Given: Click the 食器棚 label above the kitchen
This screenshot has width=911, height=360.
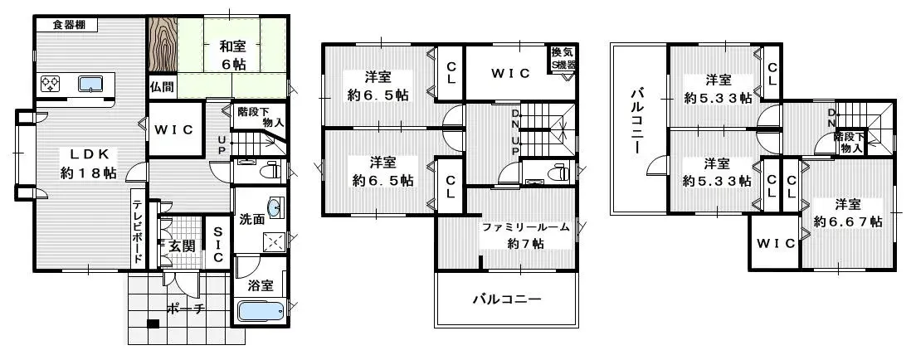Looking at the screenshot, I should [x=70, y=25].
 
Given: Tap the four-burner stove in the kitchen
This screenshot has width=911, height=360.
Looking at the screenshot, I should [x=50, y=83].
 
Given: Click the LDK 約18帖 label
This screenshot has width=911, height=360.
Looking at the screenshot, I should [x=86, y=163].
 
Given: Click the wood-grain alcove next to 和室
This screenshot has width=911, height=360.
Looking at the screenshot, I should [x=163, y=45].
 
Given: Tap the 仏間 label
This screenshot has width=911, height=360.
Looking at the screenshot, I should [x=163, y=86].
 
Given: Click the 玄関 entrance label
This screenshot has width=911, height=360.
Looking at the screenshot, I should [x=181, y=246].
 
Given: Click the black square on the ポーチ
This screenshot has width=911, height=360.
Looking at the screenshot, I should [x=153, y=324].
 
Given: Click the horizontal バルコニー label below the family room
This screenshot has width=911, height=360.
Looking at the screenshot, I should [x=506, y=299].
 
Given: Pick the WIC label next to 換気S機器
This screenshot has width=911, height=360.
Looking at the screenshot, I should [x=509, y=73].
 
